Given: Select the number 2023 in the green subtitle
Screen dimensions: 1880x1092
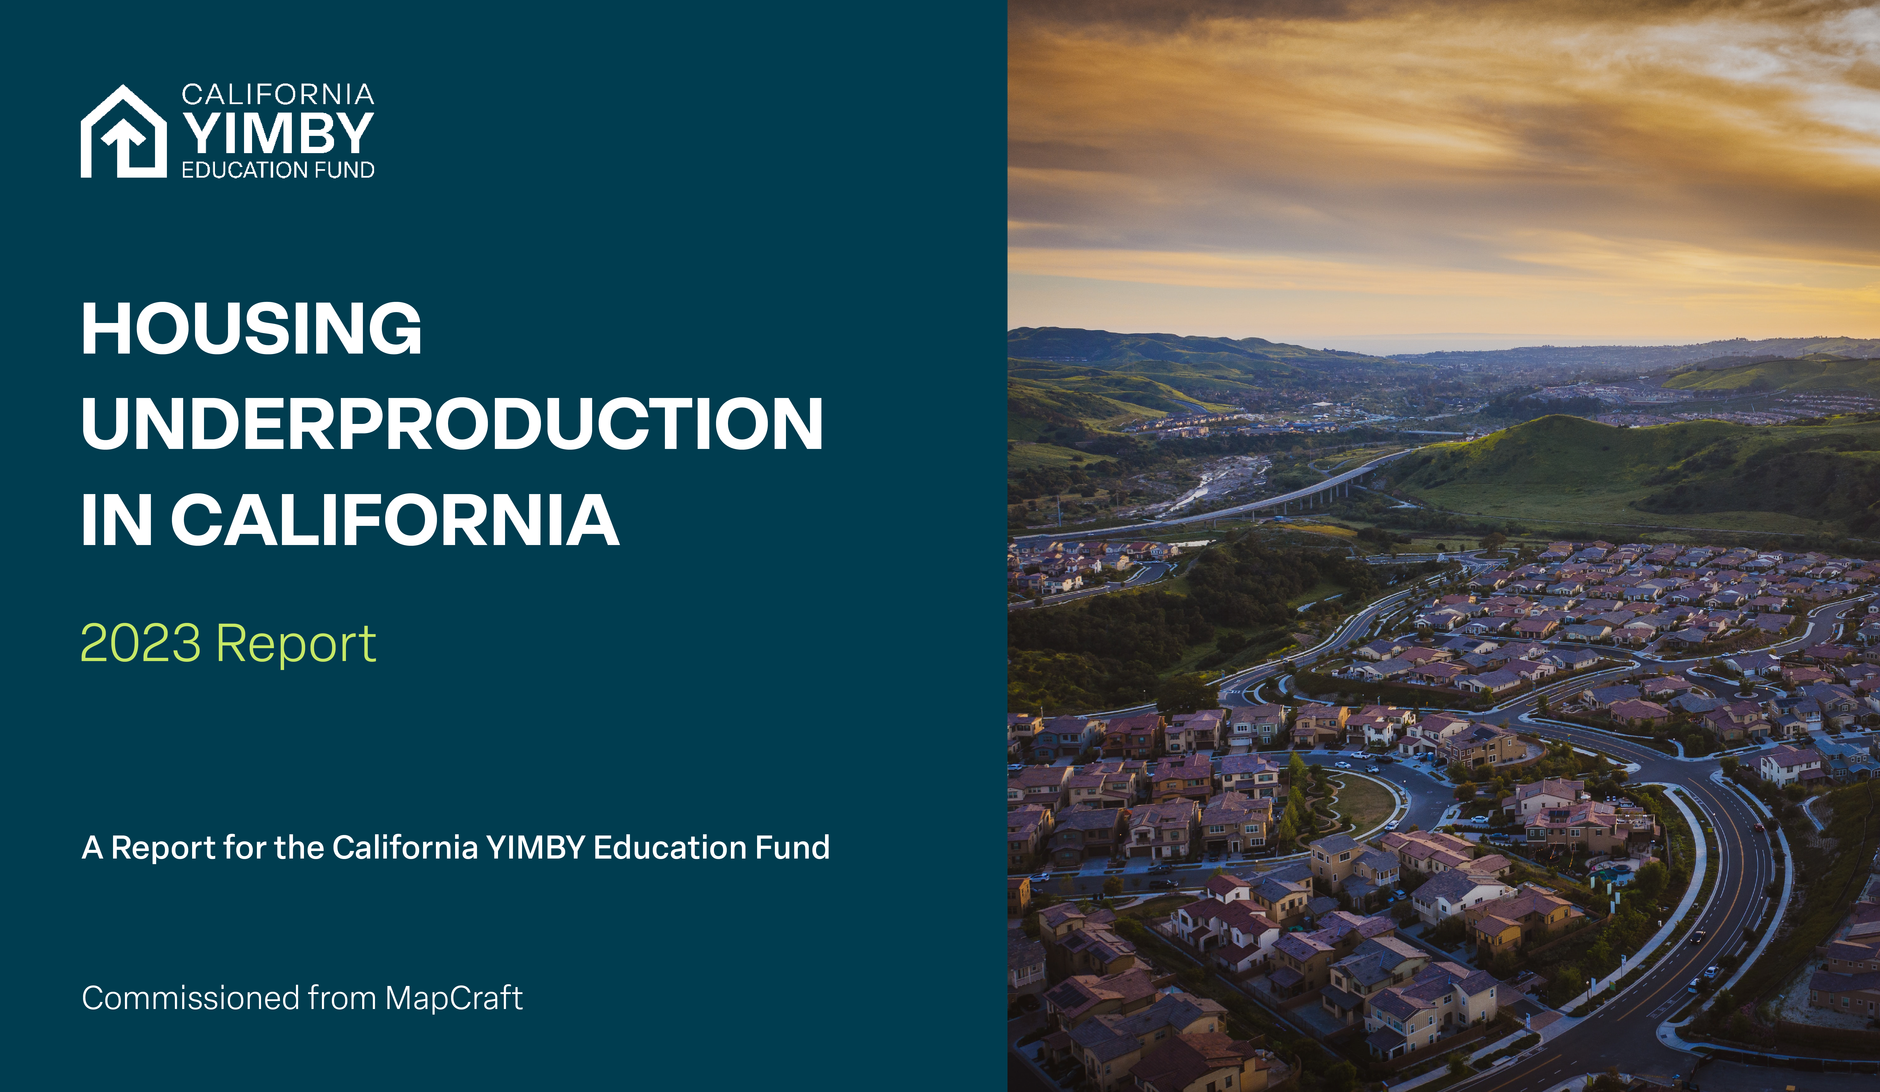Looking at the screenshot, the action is click(x=140, y=643).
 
